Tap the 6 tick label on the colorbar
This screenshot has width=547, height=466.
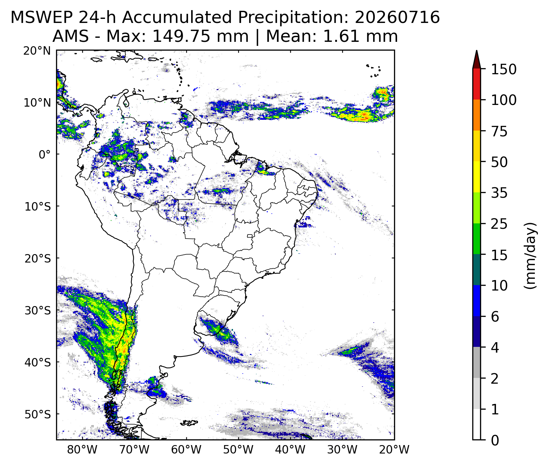(495, 317)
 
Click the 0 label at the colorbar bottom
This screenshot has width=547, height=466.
(495, 440)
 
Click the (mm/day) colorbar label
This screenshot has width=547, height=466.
(530, 255)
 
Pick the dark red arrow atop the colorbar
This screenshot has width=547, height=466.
(476, 59)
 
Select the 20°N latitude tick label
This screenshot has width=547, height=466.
(37, 51)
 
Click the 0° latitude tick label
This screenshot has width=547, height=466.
(45, 155)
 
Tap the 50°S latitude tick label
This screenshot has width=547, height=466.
(38, 414)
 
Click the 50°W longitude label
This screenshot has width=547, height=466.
(238, 449)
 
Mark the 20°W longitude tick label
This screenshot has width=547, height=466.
(394, 449)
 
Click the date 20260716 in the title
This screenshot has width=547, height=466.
(397, 18)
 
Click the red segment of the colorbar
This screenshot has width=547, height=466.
(476, 84)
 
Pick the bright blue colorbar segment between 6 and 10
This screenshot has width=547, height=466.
(476, 301)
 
